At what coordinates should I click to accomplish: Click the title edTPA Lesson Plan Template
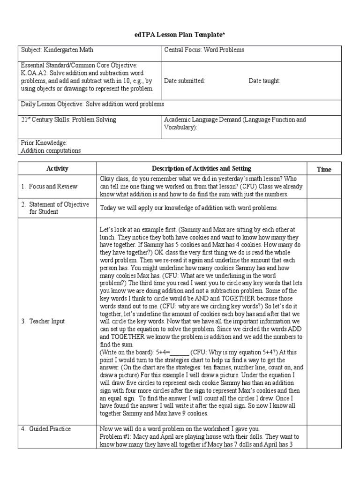point(180,35)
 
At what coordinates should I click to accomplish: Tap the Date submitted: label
point(185,81)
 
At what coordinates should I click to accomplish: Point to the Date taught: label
point(264,81)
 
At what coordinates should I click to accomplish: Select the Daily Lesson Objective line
point(92,104)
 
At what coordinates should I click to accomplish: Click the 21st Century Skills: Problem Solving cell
point(68,120)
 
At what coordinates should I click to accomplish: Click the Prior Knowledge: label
point(44,143)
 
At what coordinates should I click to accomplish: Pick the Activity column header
point(57,169)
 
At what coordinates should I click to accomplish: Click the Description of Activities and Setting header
point(201,169)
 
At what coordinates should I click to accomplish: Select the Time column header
point(324,169)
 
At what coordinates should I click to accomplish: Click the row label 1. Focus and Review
point(49,187)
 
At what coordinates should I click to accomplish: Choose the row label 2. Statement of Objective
point(54,208)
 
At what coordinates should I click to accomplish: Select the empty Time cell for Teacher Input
point(324,321)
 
